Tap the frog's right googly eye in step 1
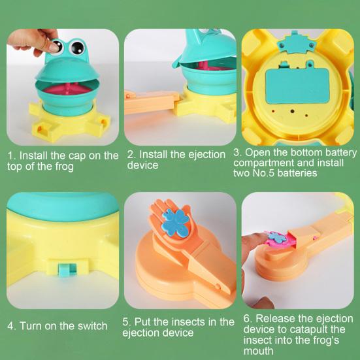coord(76,46)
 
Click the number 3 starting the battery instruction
coord(237,152)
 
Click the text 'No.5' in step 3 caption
coord(272,173)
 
